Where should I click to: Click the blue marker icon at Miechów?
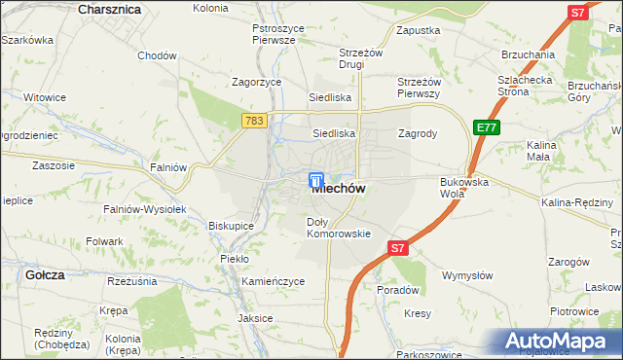[316, 181]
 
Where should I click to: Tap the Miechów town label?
[339, 191]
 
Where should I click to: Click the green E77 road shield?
[487, 127]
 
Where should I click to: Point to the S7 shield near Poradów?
[398, 249]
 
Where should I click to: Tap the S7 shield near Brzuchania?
[577, 13]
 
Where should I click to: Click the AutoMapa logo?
[559, 342]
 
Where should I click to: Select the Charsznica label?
[108, 9]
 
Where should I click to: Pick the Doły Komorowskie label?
[339, 228]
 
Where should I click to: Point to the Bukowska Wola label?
[464, 188]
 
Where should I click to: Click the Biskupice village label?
[231, 226]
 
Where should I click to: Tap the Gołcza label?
[46, 275]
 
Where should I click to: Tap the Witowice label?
[45, 97]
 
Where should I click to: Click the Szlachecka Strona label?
[527, 86]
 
